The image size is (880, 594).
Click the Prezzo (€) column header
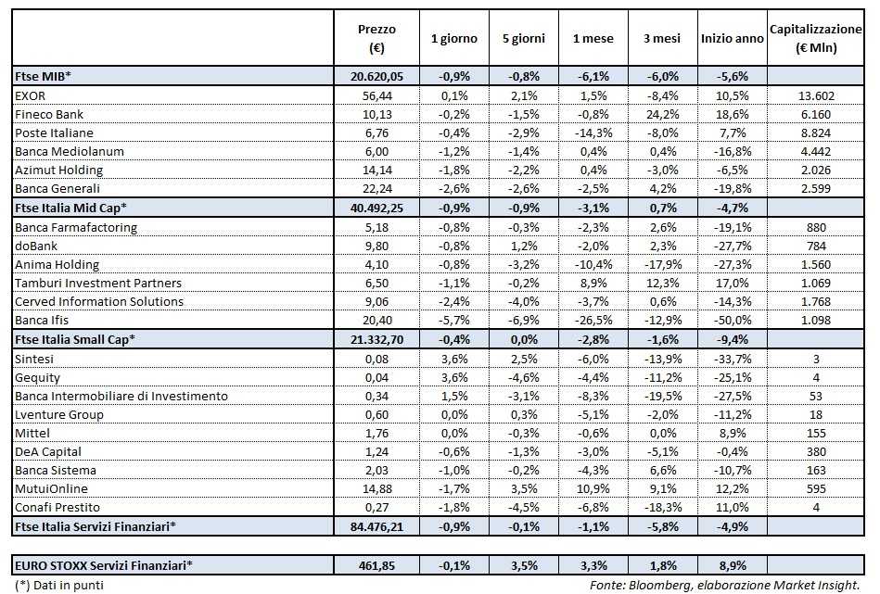[376, 38]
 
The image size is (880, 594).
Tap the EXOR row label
[32, 95]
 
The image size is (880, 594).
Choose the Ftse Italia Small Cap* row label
[75, 339]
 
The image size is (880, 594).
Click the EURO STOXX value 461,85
[376, 563]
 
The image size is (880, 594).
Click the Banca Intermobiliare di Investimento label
[121, 396]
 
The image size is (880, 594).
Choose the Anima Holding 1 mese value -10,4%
[591, 264]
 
